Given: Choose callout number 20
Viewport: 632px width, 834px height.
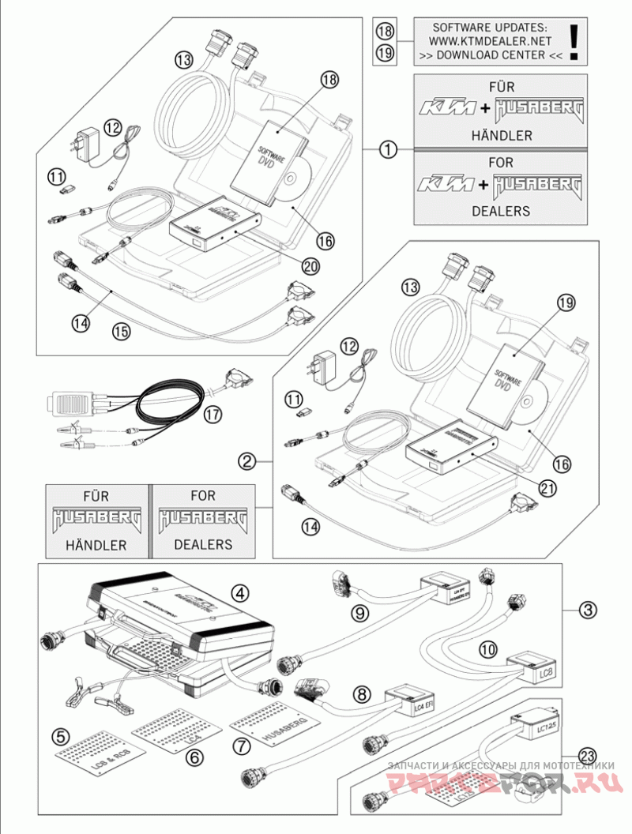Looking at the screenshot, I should tap(310, 266).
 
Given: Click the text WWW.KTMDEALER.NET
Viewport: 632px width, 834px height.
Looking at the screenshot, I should tap(490, 39).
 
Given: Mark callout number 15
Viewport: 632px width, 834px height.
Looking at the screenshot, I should tap(120, 332).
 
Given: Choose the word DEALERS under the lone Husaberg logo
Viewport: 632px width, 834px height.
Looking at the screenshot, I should tap(203, 544).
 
